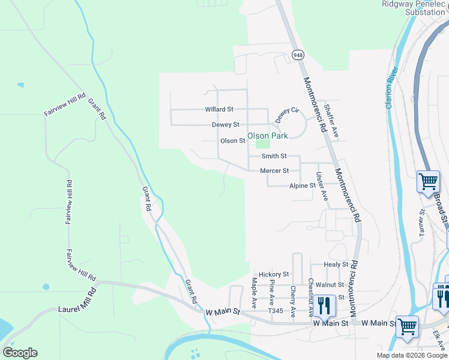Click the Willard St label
(x=218, y=110)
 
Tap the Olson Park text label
(x=268, y=136)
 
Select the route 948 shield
(x=298, y=55)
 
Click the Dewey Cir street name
(x=287, y=115)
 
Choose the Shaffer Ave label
(x=331, y=121)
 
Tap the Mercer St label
(x=274, y=171)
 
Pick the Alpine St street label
(x=303, y=186)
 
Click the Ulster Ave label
(x=322, y=187)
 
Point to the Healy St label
(x=336, y=265)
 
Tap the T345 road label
(x=276, y=311)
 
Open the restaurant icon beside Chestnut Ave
(x=324, y=305)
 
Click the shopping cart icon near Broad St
(x=428, y=181)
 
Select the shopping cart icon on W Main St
(x=407, y=326)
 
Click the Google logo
(x=20, y=353)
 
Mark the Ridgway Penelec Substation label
(x=415, y=8)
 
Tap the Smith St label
(x=274, y=156)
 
